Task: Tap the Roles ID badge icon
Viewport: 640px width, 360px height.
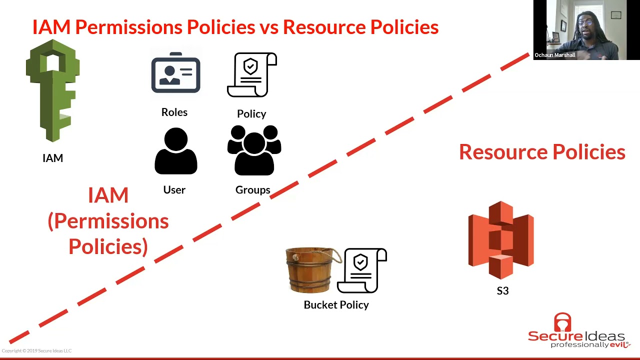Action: coord(175,73)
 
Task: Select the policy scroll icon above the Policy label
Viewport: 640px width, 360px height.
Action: coord(252,75)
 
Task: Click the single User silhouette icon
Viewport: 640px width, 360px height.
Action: coord(175,151)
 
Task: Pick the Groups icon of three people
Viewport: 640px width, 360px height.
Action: coord(254,150)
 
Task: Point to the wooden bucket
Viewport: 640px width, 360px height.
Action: coord(311,270)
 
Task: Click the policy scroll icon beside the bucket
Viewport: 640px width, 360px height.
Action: coord(362,270)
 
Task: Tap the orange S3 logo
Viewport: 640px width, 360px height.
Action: coord(501,240)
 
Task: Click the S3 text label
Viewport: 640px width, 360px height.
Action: coord(502,291)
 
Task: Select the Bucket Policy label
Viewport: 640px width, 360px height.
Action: coord(336,305)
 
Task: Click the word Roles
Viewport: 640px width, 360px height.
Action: coord(174,112)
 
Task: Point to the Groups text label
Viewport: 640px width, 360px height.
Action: coord(253,190)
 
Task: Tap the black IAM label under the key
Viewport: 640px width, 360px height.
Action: coord(53,158)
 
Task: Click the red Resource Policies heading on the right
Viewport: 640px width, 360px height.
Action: coord(542,151)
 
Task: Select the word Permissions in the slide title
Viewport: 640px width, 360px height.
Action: coord(129,27)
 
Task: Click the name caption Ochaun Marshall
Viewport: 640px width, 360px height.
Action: coord(555,55)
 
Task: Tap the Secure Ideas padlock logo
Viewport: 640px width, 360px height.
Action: coord(562,322)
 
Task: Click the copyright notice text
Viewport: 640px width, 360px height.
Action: coord(36,350)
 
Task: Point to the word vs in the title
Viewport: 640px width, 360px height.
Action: coord(268,28)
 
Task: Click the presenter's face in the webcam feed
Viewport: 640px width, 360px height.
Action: coord(585,26)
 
